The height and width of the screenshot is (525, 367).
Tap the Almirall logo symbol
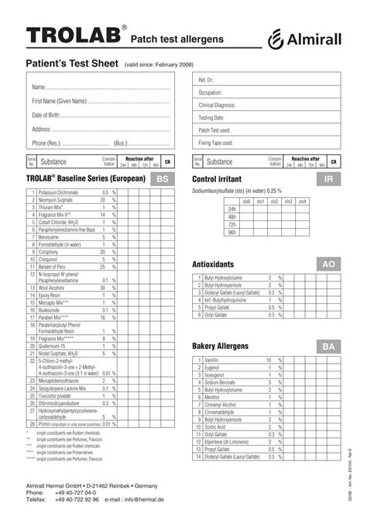pyautogui.click(x=276, y=38)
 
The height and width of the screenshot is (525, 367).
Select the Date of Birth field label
pyautogui.click(x=46, y=116)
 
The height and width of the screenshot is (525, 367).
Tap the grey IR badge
pyautogui.click(x=328, y=179)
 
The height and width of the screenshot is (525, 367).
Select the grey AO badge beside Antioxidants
pyautogui.click(x=328, y=264)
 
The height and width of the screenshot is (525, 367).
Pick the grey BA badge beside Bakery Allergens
pyautogui.click(x=328, y=346)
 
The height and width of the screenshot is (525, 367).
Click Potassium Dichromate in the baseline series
pyautogui.click(x=58, y=192)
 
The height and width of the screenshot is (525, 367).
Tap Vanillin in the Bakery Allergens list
pyautogui.click(x=211, y=361)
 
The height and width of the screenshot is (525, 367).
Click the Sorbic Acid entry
pyautogui.click(x=215, y=427)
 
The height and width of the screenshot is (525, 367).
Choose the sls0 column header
pyautogui.click(x=246, y=201)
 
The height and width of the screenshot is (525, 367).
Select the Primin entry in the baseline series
pyautogui.click(x=47, y=424)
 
